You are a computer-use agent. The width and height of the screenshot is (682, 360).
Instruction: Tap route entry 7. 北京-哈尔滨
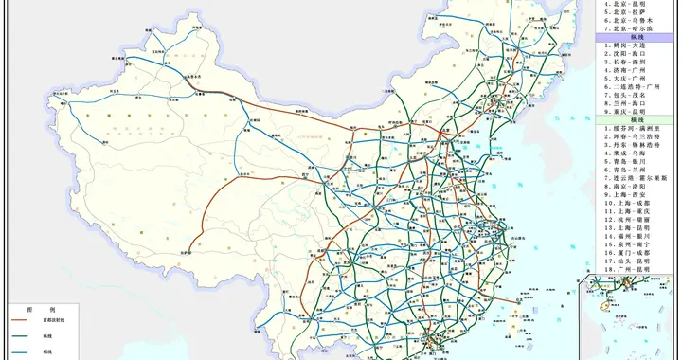tap(630, 27)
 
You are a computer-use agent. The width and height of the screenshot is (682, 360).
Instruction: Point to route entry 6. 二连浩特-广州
tap(633, 87)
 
